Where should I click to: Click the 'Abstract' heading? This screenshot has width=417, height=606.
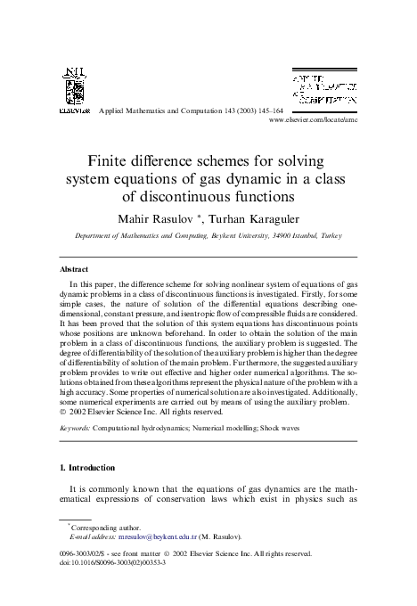tap(73, 269)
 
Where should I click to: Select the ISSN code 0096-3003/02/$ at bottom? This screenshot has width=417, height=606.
tap(87, 578)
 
